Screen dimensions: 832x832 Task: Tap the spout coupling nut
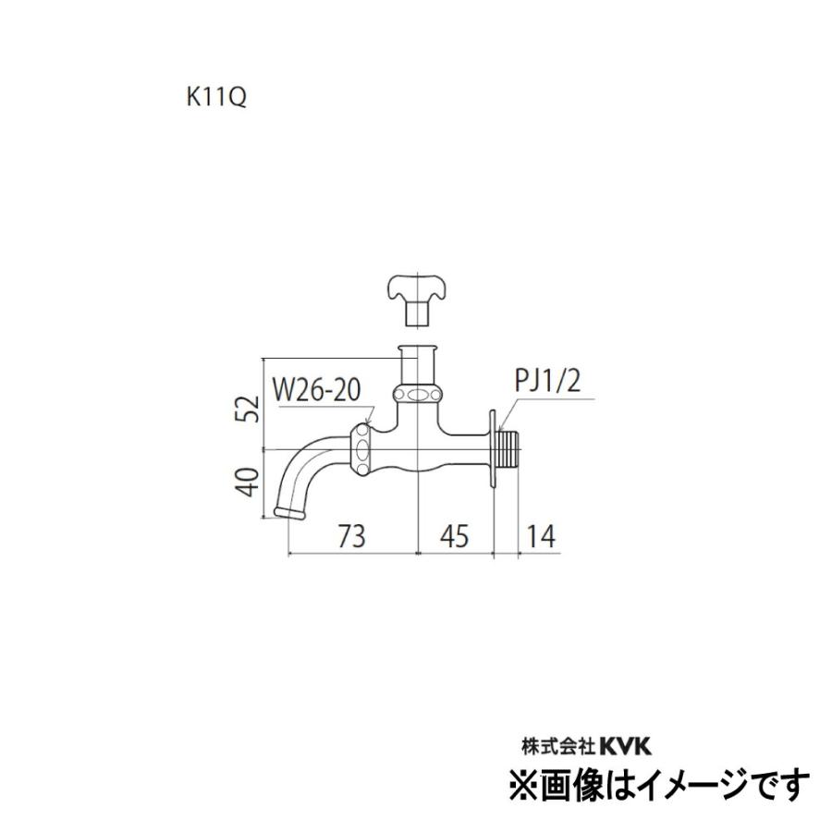[361, 448]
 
